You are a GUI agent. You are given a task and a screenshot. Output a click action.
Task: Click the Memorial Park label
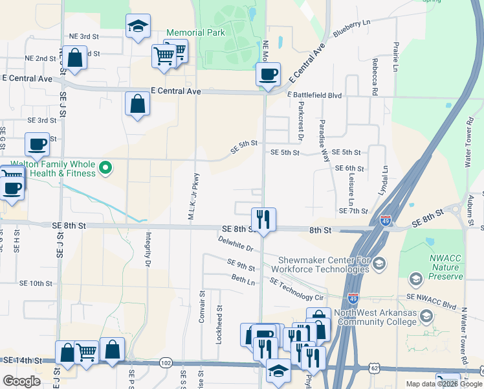pos(195,32)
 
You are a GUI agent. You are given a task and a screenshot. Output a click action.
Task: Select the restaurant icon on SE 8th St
pos(263,218)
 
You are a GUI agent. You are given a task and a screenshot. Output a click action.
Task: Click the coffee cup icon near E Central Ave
pos(267,74)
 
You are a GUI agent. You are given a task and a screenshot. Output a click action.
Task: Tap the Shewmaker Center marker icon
pos(380,263)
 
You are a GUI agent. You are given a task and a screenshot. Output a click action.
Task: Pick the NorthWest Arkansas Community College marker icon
pos(426,316)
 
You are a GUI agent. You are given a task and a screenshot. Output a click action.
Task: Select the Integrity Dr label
pos(148,250)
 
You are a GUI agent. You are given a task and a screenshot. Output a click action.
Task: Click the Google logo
pos(21,381)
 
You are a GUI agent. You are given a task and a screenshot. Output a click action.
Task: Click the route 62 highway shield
pos(375,368)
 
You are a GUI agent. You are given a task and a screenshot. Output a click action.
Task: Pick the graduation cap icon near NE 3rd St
pos(137,26)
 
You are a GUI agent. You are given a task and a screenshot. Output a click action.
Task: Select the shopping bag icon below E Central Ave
pos(137,104)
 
